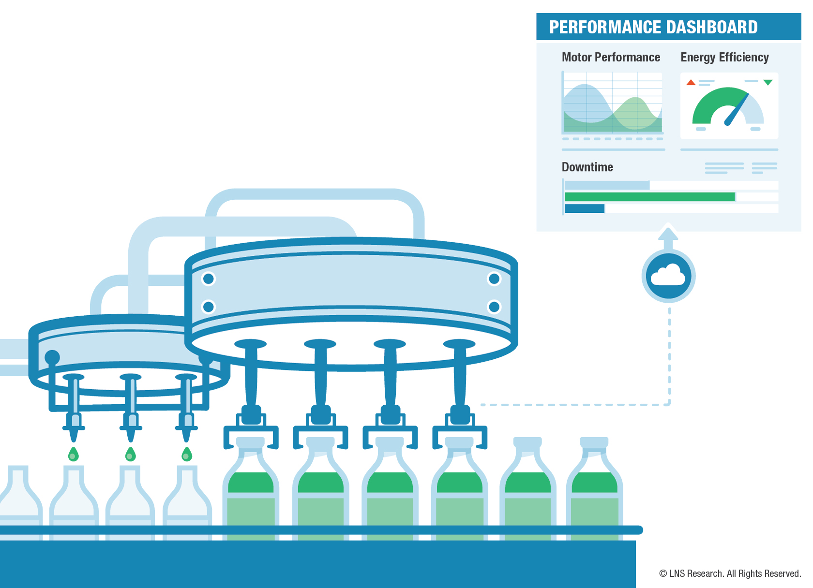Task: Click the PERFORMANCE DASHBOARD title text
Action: point(653,27)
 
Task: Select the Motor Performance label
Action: point(611,58)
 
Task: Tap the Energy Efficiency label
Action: point(724,58)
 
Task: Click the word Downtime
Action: point(587,167)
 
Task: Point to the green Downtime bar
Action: point(649,197)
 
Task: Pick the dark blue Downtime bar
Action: point(585,208)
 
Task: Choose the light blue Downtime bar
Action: point(607,185)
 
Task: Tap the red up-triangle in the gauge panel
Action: point(691,83)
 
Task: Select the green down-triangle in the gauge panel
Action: point(768,82)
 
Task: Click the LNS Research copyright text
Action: point(730,573)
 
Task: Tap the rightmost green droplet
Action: point(186,455)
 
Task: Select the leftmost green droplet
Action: point(73,455)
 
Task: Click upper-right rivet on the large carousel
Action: point(494,279)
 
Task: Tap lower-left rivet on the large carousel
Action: point(209,307)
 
